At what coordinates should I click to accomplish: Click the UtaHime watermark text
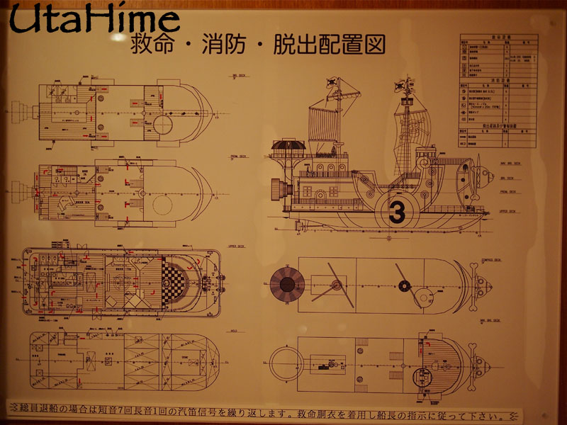click(x=94, y=21)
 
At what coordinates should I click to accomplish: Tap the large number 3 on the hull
click(x=397, y=211)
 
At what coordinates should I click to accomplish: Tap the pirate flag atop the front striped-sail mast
click(x=331, y=82)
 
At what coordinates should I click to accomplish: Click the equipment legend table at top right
click(x=498, y=90)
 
